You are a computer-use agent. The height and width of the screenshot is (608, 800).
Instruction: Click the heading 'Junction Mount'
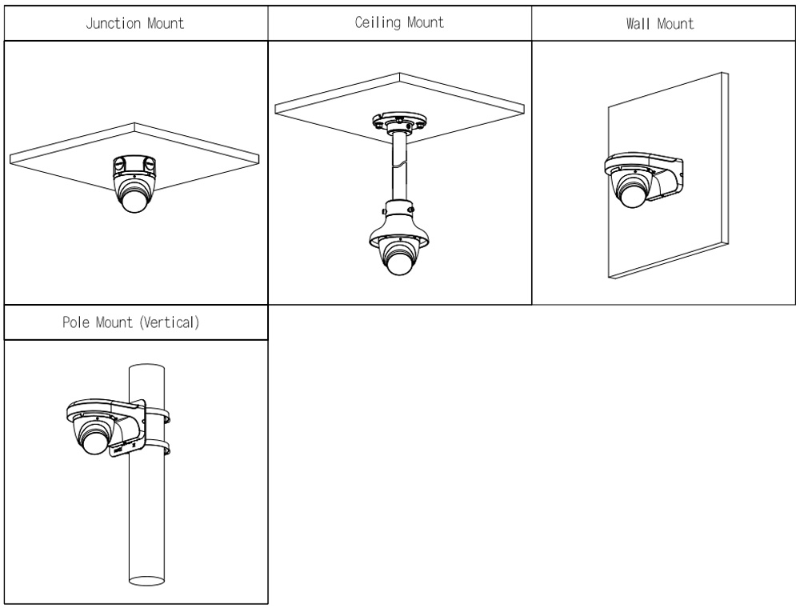(135, 22)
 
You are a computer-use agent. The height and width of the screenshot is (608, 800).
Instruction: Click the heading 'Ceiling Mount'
(399, 22)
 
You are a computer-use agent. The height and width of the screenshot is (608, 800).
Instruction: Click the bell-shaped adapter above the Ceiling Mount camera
(398, 232)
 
